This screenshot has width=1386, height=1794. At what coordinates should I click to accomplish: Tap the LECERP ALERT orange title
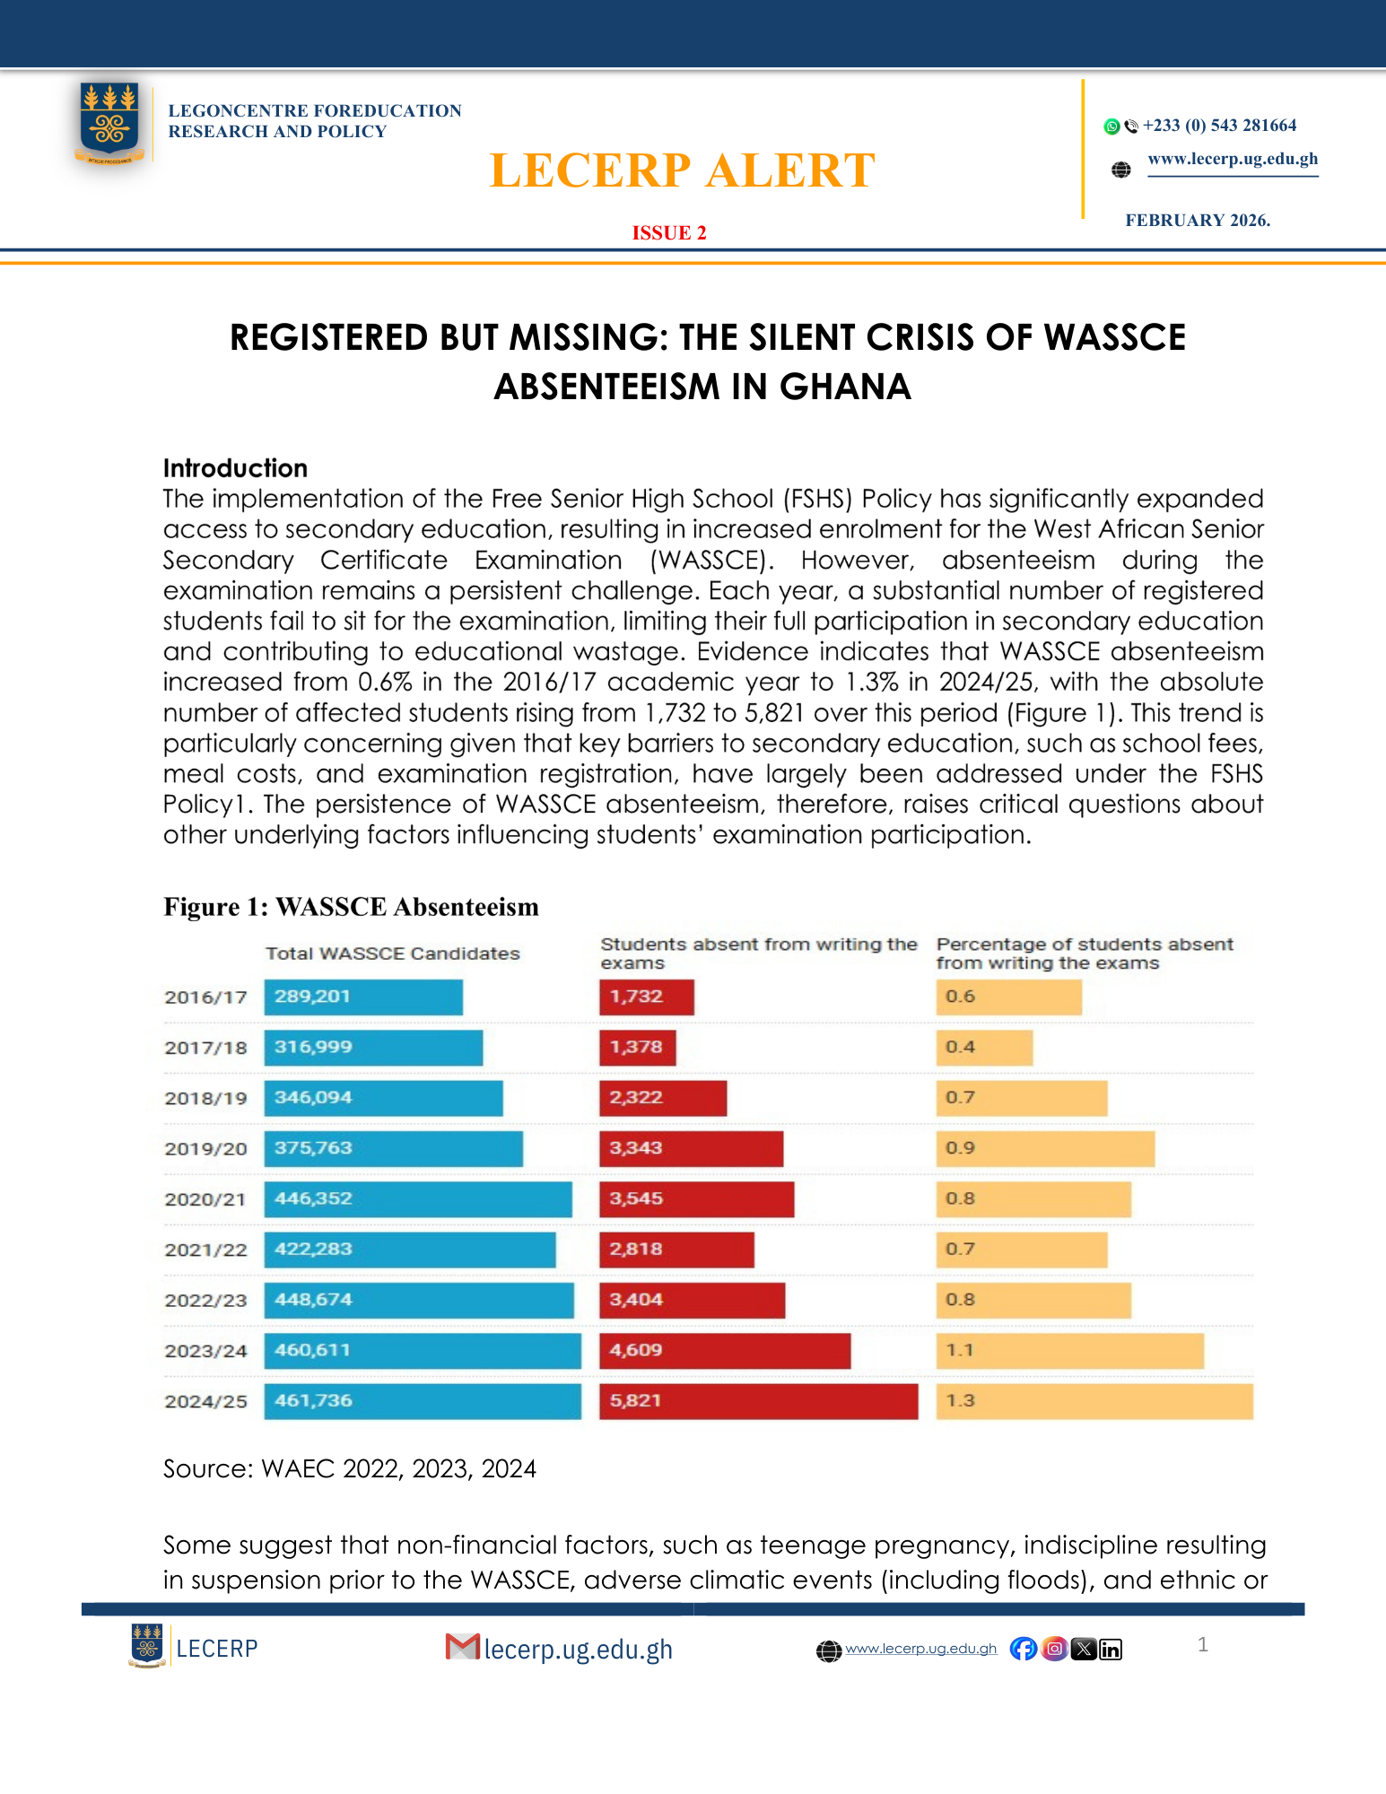(x=682, y=170)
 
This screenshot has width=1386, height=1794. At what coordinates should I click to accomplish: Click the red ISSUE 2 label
(x=669, y=233)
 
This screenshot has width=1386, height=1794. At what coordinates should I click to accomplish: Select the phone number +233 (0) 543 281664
(x=1219, y=126)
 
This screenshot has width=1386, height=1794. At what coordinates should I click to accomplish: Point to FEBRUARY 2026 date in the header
(x=1198, y=221)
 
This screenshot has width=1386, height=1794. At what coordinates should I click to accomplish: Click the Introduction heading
(x=235, y=468)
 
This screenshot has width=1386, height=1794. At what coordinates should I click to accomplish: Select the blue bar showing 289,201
(x=363, y=997)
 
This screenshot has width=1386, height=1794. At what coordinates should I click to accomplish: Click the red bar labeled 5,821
(x=758, y=1401)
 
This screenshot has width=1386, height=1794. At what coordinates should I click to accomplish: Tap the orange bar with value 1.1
(x=1069, y=1351)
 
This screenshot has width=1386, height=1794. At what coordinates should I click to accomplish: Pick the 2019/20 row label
(x=205, y=1149)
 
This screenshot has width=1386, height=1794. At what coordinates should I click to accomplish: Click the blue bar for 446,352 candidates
(x=417, y=1199)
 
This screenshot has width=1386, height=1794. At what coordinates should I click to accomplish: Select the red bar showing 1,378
(x=637, y=1048)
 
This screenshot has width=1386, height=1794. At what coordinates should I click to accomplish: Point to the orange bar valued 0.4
(x=984, y=1048)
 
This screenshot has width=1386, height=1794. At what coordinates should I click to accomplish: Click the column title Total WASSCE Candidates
(x=392, y=954)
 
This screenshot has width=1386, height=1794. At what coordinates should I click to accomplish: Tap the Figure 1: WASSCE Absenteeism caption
(x=351, y=907)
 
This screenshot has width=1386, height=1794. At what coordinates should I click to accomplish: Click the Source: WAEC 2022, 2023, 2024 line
(x=349, y=1468)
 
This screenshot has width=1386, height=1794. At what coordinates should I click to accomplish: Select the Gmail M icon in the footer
(x=462, y=1647)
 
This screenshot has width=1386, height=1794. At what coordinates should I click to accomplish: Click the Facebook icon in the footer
(x=1023, y=1649)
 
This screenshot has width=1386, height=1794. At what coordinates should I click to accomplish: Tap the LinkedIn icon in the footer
(x=1111, y=1650)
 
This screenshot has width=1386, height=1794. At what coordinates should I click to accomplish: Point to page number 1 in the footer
(x=1202, y=1644)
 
